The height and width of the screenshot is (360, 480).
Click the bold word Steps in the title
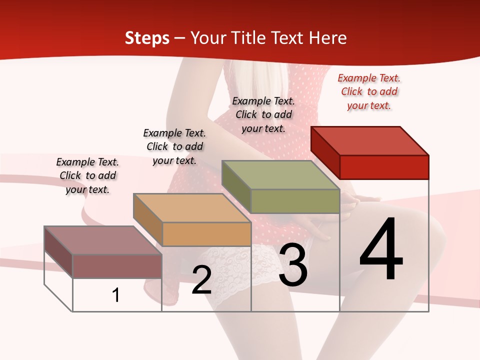[147, 38]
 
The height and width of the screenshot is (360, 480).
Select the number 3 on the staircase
[293, 265]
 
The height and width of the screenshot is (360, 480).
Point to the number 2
[201, 280]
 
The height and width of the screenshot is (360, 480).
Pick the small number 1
[116, 295]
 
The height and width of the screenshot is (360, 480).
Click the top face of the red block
[370, 141]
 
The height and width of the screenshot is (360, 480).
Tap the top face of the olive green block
[281, 175]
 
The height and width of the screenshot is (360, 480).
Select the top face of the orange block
[192, 208]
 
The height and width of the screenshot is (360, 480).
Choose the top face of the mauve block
[103, 240]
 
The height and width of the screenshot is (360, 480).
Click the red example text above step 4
[369, 92]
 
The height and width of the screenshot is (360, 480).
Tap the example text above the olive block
[263, 114]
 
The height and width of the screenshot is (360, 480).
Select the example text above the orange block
[174, 146]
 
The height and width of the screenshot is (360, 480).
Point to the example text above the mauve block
[87, 175]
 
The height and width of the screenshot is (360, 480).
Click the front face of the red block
[384, 167]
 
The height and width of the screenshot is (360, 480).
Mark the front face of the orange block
[206, 234]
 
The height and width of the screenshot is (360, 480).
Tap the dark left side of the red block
[325, 153]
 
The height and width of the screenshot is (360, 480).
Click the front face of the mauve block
[117, 266]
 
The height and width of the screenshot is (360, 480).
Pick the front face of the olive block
[295, 201]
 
